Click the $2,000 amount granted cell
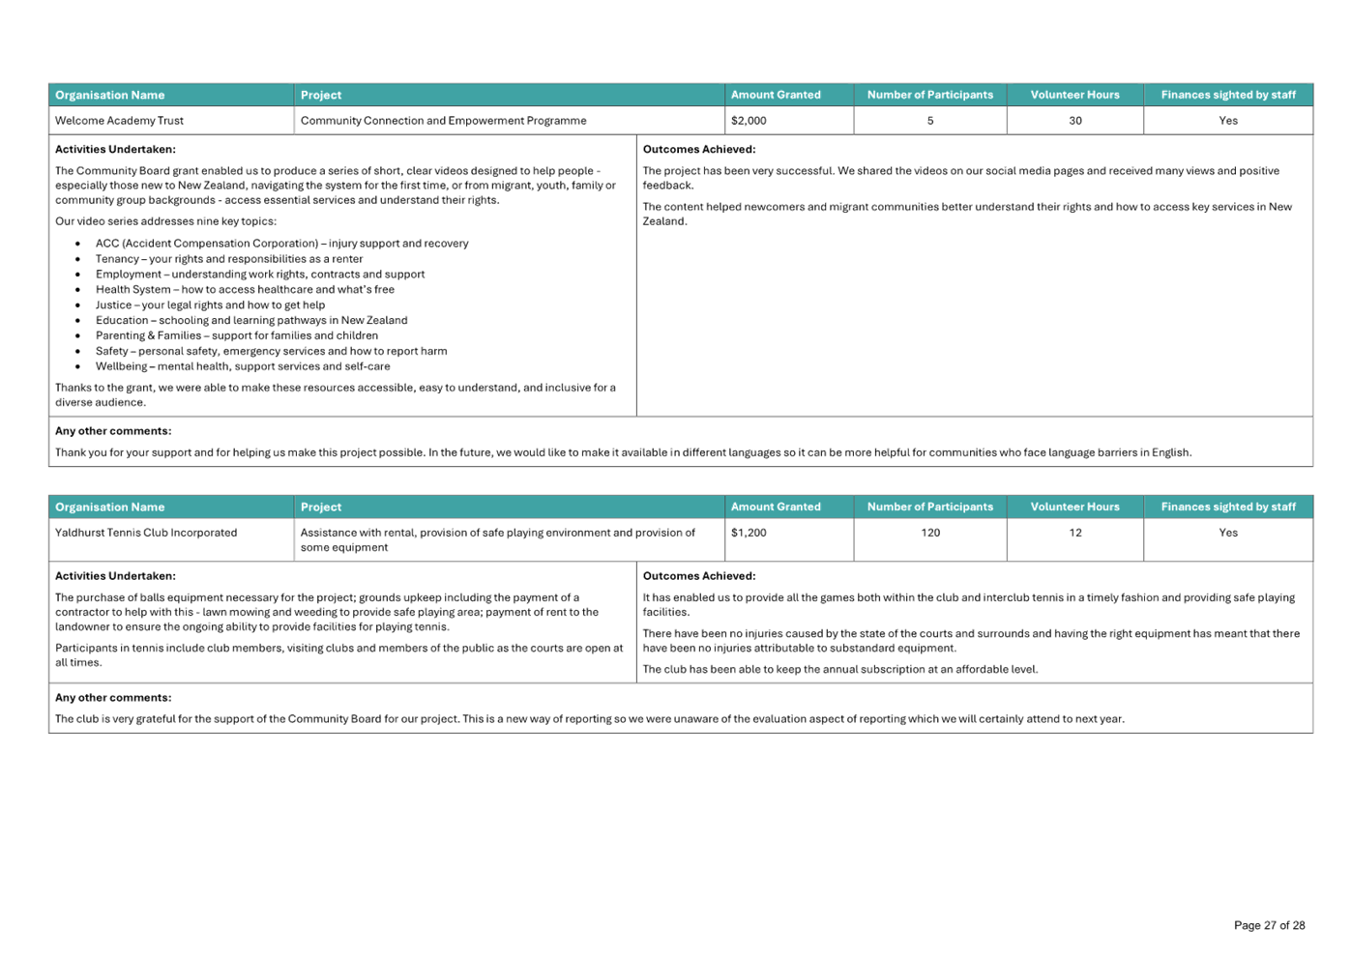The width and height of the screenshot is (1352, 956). point(749,121)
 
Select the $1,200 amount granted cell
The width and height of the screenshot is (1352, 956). point(749,533)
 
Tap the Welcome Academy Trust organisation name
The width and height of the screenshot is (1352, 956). point(120,121)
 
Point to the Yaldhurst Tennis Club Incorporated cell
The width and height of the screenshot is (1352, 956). point(146,533)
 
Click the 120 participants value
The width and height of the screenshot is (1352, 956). point(930,533)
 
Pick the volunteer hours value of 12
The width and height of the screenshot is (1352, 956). point(1075,533)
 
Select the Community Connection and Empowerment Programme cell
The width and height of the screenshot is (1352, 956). point(443,121)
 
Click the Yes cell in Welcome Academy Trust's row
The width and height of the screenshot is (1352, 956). point(1228,121)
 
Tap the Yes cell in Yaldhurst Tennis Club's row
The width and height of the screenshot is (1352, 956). point(1228,533)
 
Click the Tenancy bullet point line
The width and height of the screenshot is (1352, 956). point(229,259)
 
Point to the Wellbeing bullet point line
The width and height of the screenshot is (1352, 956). point(243,366)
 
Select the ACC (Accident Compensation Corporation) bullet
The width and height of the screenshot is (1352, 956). point(281,244)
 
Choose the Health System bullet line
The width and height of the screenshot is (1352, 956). point(245,289)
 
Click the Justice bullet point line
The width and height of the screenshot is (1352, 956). point(210,304)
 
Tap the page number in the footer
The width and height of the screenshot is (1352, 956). point(1269,925)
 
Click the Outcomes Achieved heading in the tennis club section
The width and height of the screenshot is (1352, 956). point(698,576)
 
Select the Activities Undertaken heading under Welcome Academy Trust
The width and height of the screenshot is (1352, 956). point(115,150)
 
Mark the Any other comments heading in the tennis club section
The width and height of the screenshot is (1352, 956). point(113,697)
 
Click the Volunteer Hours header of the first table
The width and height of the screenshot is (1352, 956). point(1075,95)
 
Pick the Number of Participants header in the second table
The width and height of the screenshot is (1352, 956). point(930,507)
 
